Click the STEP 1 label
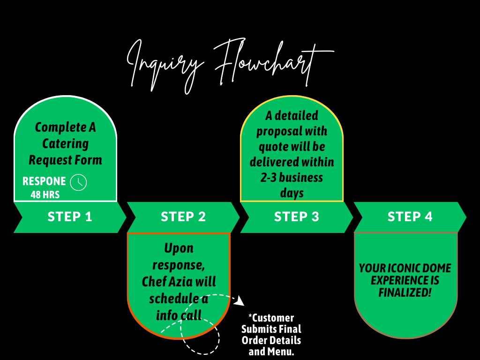coord(70,217)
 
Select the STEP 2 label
coord(183,217)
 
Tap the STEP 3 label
coord(297,217)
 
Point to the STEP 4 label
coord(410,217)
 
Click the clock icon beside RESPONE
coord(78,182)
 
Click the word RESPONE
coord(45,181)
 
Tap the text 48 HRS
coord(45,194)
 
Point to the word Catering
coord(66,143)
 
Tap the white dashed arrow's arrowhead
coord(240,300)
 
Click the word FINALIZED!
coord(405,292)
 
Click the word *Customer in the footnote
coord(271,318)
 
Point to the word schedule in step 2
coord(171,298)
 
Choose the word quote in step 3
coord(273,147)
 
